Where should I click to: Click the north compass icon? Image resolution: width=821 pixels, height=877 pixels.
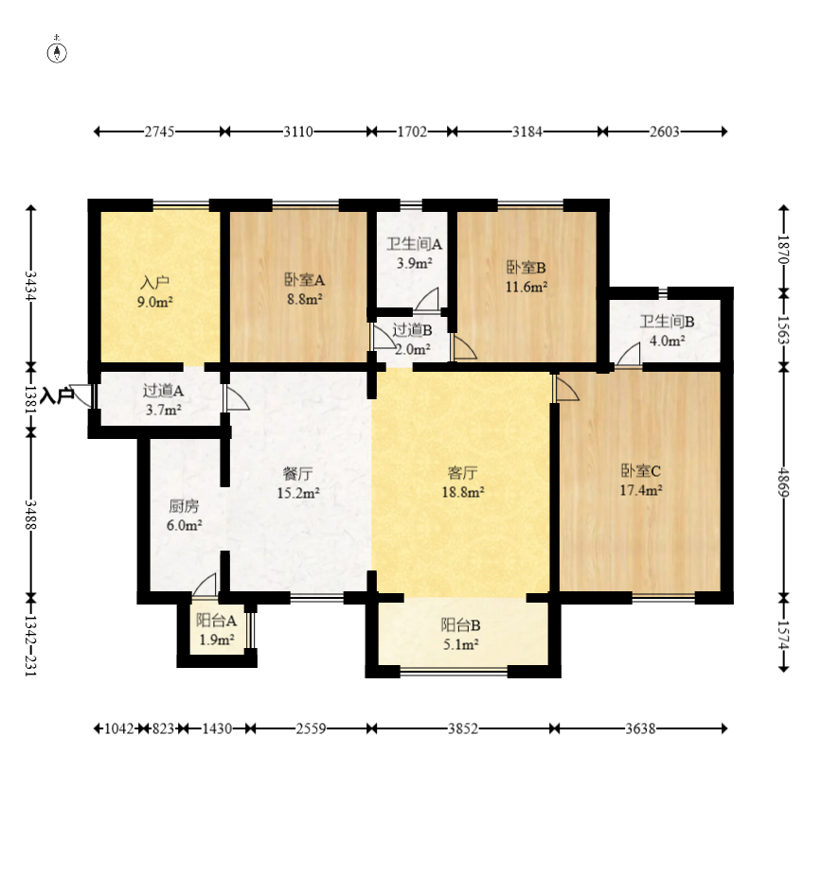click(x=57, y=51)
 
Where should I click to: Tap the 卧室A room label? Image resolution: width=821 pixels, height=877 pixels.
click(x=305, y=279)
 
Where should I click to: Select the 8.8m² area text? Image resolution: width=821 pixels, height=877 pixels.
click(x=305, y=299)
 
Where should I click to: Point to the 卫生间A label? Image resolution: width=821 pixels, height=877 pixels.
click(x=414, y=244)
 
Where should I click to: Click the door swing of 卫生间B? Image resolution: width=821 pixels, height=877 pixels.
click(x=628, y=355)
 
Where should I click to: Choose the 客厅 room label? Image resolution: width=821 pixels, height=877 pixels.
click(x=462, y=473)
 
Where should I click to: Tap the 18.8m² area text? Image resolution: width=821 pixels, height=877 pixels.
click(x=462, y=492)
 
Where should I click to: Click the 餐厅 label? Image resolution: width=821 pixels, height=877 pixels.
click(x=297, y=474)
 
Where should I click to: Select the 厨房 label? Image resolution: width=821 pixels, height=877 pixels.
click(x=184, y=506)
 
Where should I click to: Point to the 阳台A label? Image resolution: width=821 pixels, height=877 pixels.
click(x=216, y=621)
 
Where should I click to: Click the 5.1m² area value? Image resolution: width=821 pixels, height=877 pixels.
click(x=460, y=644)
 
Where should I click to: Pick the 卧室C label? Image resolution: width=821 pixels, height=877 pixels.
click(x=641, y=471)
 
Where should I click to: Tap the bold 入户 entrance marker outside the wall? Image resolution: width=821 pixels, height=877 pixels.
click(x=58, y=395)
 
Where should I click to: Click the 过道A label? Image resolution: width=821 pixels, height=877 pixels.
click(x=163, y=391)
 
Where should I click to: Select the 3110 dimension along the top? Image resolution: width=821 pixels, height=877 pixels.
click(x=297, y=132)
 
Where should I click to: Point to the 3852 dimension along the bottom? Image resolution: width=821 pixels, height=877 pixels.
click(x=463, y=728)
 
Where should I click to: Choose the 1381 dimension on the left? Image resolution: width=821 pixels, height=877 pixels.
click(x=31, y=399)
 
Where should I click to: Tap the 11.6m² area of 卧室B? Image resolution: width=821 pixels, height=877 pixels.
click(x=527, y=287)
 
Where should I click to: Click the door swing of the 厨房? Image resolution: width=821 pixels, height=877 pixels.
click(x=205, y=585)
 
